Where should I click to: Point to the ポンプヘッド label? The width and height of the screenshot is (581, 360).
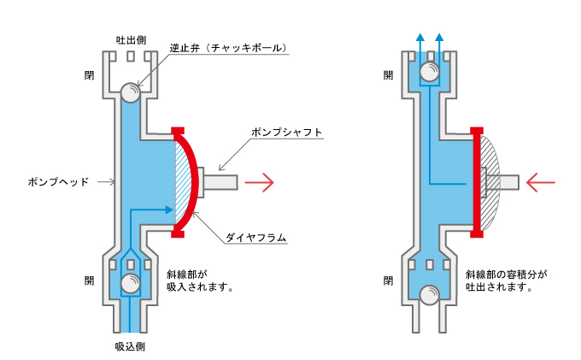(58, 182)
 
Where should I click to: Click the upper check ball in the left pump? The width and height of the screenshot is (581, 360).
(132, 91)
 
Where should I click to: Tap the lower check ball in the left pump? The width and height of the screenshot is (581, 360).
(131, 283)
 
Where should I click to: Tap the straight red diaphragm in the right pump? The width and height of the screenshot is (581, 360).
(477, 181)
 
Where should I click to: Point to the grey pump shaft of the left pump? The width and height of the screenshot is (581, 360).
(223, 181)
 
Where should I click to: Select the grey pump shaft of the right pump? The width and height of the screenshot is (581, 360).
(504, 181)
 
